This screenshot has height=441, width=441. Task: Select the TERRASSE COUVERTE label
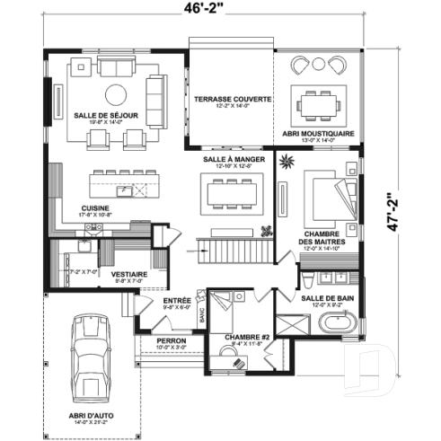point(233,99)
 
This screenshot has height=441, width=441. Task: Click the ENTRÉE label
point(176,301)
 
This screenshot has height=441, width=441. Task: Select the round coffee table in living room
point(117,94)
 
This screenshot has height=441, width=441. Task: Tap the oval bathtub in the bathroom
point(341,326)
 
